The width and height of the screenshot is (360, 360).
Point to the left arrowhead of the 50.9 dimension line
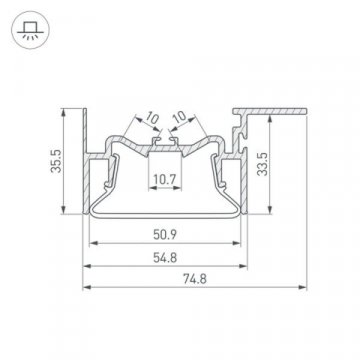pyautogui.click(x=92, y=244)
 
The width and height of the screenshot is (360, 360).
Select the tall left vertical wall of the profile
pyautogui.click(x=87, y=160)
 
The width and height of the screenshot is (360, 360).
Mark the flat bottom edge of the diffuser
pyautogui.click(x=165, y=214)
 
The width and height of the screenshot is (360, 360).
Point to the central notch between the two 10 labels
pyautogui.click(x=166, y=147)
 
